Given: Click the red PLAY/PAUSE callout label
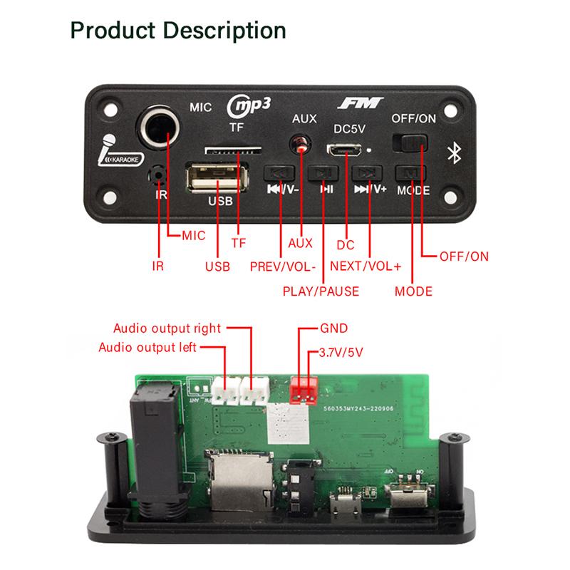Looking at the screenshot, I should pyautogui.click(x=321, y=291).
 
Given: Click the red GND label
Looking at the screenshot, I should pyautogui.click(x=333, y=329).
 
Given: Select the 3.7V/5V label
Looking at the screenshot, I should pyautogui.click(x=345, y=353).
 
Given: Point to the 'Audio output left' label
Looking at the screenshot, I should pyautogui.click(x=147, y=348).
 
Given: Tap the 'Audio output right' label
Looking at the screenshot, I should pyautogui.click(x=167, y=328).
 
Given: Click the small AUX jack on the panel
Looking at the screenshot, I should pyautogui.click(x=302, y=143).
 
